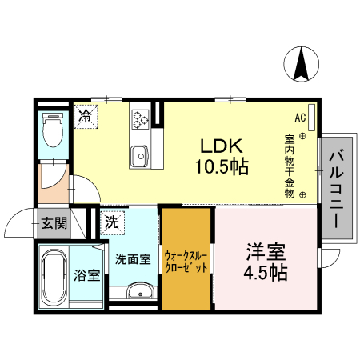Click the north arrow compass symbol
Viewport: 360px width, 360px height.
click(301, 64)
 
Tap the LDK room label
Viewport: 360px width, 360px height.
click(222, 146)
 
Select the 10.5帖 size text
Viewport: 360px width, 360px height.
click(222, 166)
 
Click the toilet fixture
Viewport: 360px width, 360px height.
click(54, 130)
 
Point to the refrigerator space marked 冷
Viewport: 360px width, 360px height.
click(86, 117)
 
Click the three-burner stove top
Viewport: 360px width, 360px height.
click(141, 119)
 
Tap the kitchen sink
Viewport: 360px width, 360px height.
click(139, 156)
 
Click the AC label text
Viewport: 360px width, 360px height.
click(300, 118)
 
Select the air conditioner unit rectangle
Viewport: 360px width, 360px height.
click(311, 118)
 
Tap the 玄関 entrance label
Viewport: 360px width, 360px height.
click(54, 222)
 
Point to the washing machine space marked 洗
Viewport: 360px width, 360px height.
click(112, 222)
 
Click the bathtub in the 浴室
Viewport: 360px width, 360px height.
click(54, 278)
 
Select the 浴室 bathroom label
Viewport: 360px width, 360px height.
click(87, 275)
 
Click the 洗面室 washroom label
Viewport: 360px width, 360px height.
click(133, 259)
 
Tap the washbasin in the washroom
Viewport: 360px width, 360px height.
click(140, 290)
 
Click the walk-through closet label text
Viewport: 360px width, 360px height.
click(186, 262)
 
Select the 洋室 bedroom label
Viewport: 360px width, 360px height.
click(266, 251)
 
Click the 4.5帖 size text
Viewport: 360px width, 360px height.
click(266, 272)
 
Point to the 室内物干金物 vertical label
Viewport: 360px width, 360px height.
click(290, 166)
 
